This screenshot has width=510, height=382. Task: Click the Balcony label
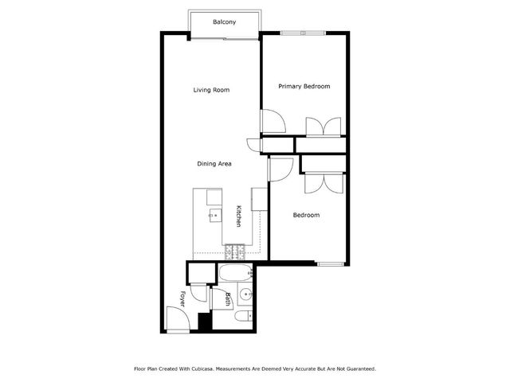[x=224, y=21]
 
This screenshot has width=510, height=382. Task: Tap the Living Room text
[x=211, y=90]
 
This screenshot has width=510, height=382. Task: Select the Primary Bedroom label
[x=304, y=86]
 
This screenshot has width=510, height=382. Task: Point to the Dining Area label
[x=214, y=163]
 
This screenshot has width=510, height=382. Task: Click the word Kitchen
[x=238, y=216]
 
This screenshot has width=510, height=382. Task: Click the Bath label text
[x=228, y=299]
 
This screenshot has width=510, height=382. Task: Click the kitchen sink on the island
[x=213, y=216]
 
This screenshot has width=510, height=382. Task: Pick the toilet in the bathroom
[x=243, y=317]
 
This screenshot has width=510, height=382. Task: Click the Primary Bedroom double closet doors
[x=324, y=127]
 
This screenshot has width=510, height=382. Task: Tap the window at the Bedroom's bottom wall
[x=329, y=263]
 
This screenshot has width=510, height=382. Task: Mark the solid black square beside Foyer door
[x=204, y=322]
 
